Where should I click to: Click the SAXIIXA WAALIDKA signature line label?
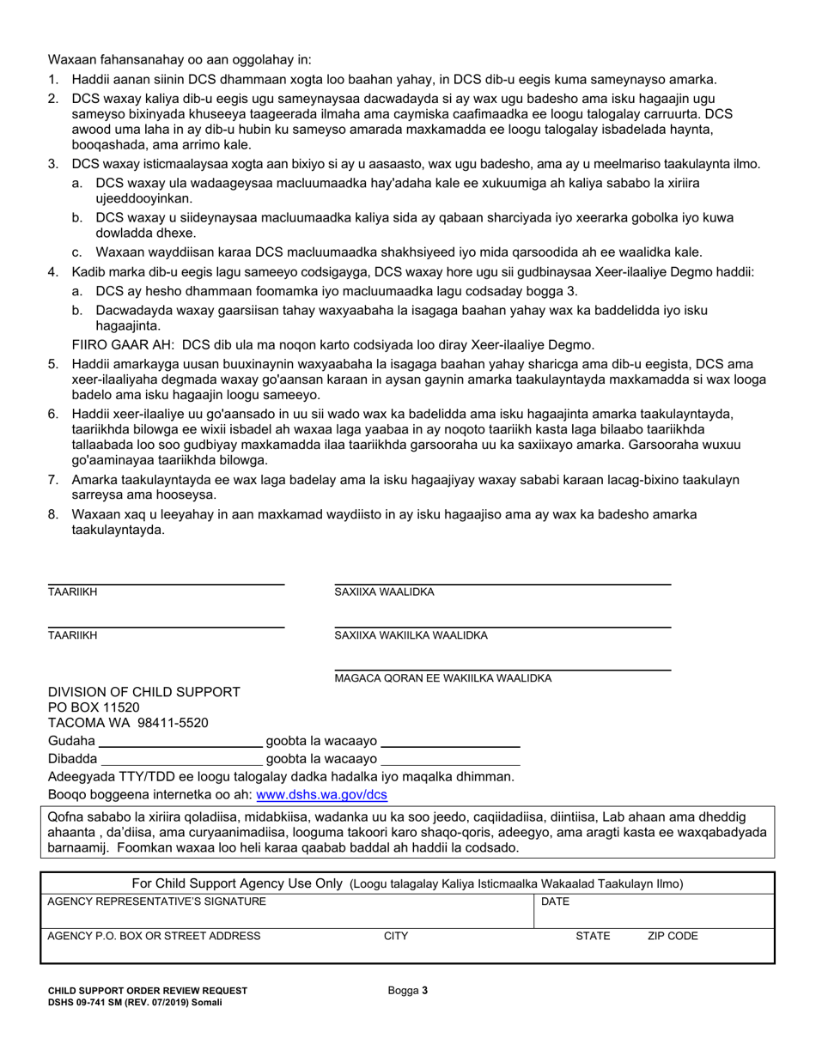[384, 592]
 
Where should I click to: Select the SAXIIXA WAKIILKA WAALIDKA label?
[411, 635]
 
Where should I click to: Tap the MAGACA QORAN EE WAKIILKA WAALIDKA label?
[442, 678]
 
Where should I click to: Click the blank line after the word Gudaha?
[180, 740]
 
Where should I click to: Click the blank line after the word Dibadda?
[181, 759]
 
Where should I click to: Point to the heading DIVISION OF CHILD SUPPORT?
[143, 692]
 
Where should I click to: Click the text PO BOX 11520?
[93, 707]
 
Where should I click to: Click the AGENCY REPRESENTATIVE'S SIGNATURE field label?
[156, 901]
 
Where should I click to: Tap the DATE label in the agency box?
[554, 901]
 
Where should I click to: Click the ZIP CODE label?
[672, 937]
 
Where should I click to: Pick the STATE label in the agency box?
[593, 937]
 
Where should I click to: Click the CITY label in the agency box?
[395, 937]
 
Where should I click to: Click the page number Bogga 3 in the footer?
[407, 991]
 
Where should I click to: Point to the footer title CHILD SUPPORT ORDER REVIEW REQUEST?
[147, 991]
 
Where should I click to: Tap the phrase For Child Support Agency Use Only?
[238, 883]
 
